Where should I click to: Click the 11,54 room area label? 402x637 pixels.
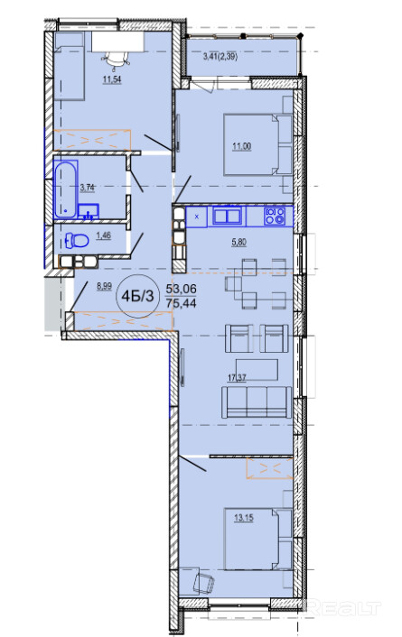click(x=112, y=79)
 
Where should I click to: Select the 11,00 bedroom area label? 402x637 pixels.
click(x=242, y=147)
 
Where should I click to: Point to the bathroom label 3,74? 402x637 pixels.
click(x=88, y=188)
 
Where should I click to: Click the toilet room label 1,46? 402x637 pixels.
click(x=103, y=235)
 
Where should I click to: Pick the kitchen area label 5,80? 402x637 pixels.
click(x=239, y=243)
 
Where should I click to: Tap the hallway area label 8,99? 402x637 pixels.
click(x=104, y=286)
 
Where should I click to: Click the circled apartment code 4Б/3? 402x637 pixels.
click(x=138, y=297)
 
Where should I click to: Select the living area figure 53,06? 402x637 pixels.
click(x=181, y=289)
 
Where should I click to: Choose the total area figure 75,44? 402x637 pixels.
click(x=181, y=303)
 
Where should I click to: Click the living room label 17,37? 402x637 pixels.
click(x=237, y=378)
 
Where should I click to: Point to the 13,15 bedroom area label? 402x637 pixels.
click(x=244, y=518)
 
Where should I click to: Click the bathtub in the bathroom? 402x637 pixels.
click(x=66, y=189)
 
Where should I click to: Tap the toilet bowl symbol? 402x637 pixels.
click(x=77, y=241)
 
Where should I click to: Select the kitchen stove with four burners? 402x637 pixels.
click(x=275, y=217)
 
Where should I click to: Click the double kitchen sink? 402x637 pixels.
click(x=228, y=216)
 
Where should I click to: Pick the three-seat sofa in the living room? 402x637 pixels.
click(x=257, y=402)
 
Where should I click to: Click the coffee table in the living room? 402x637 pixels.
click(x=257, y=370)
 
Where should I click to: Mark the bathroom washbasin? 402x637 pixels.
click(x=89, y=211)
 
